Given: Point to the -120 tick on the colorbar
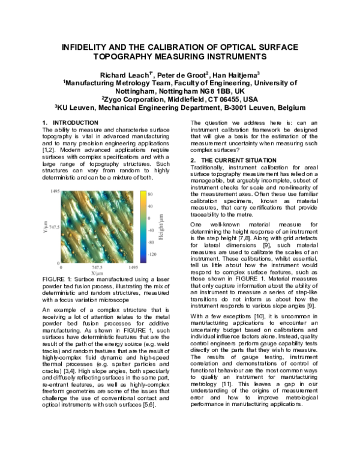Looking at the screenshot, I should coord(153,254).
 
